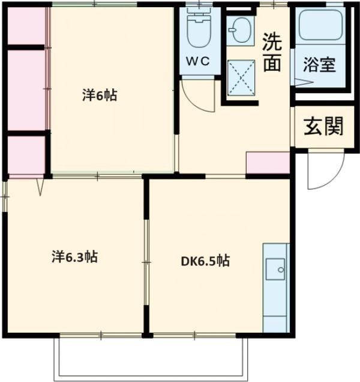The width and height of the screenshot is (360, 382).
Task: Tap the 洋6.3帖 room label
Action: click(74, 257)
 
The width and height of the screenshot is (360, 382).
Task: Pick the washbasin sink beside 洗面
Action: click(241, 30)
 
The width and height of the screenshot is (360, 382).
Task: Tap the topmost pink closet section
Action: click(27, 27)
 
